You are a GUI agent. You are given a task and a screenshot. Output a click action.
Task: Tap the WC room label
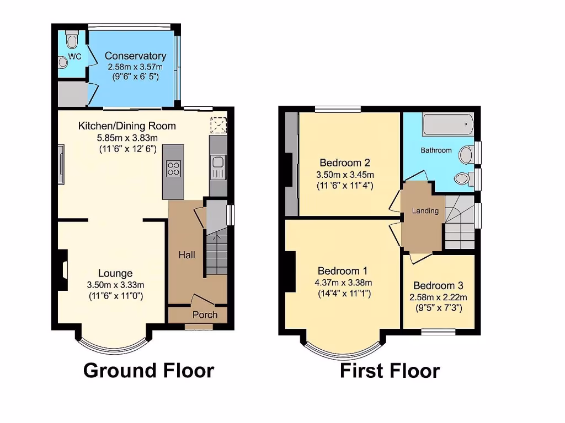pyautogui.click(x=74, y=56)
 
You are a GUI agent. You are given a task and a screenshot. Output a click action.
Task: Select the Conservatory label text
pyautogui.click(x=135, y=56)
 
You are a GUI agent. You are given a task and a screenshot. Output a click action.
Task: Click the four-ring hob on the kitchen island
pyautogui.click(x=173, y=167)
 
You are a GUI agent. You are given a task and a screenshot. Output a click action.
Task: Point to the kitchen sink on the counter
pyautogui.click(x=217, y=162)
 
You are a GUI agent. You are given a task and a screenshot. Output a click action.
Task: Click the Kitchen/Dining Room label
pyautogui.click(x=127, y=126)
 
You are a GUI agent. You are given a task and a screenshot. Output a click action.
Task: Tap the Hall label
pyautogui.click(x=186, y=255)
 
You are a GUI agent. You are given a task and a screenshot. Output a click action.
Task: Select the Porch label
pyautogui.click(x=205, y=314)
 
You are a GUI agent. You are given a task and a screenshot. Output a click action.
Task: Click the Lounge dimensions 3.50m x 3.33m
pyautogui.click(x=115, y=285)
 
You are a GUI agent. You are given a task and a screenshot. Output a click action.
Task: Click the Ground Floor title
pyautogui.click(x=148, y=370)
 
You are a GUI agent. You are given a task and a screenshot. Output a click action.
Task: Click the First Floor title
pyautogui.click(x=390, y=371)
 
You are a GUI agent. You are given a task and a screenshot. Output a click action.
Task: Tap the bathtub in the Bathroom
pyautogui.click(x=448, y=125)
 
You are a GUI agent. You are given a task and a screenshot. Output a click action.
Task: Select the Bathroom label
pyautogui.click(x=436, y=150)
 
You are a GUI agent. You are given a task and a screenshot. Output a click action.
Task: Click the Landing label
pyautogui.click(x=425, y=210)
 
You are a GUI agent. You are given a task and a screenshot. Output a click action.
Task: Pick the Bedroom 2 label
pyautogui.click(x=345, y=162)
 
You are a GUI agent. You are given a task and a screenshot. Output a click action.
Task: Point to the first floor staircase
pyautogui.click(x=459, y=223)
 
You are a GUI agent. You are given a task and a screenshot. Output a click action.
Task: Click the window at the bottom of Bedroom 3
pyautogui.click(x=439, y=332)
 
